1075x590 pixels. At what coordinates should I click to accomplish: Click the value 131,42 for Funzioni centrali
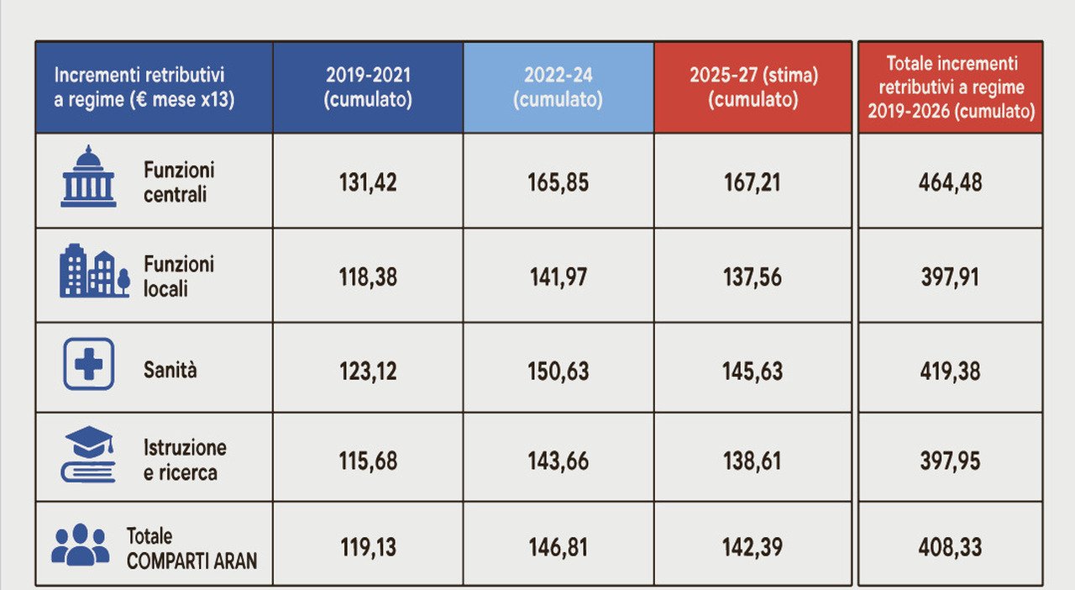click(x=368, y=182)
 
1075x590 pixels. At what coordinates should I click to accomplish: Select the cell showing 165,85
click(x=558, y=182)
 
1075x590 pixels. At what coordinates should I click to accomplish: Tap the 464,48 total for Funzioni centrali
click(x=950, y=182)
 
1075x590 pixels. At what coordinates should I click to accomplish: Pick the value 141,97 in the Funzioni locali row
click(x=558, y=277)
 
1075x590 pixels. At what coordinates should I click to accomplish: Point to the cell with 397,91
click(x=950, y=277)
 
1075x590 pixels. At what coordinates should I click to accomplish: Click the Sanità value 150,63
click(x=558, y=371)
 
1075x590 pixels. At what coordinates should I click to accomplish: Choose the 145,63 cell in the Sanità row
click(x=752, y=371)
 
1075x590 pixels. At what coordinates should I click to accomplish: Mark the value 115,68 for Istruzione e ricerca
click(x=368, y=461)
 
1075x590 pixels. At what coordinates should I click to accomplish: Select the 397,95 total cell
click(x=950, y=461)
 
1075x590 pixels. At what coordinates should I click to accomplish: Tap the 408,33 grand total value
click(x=950, y=547)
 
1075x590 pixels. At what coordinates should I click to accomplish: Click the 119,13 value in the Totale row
click(x=368, y=547)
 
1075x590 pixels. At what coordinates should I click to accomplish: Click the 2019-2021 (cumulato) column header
click(x=368, y=87)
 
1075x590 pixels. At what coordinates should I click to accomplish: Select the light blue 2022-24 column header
click(x=558, y=87)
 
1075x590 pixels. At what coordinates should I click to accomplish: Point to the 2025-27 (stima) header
click(x=753, y=87)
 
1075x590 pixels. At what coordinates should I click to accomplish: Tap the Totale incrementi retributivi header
click(x=952, y=87)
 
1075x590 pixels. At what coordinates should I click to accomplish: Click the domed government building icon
click(x=88, y=176)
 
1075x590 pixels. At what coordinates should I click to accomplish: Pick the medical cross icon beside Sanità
click(x=89, y=364)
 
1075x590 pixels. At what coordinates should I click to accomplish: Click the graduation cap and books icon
click(x=89, y=455)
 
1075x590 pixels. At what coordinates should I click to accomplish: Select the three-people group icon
click(x=80, y=545)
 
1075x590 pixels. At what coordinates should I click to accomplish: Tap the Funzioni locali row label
click(x=179, y=277)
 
